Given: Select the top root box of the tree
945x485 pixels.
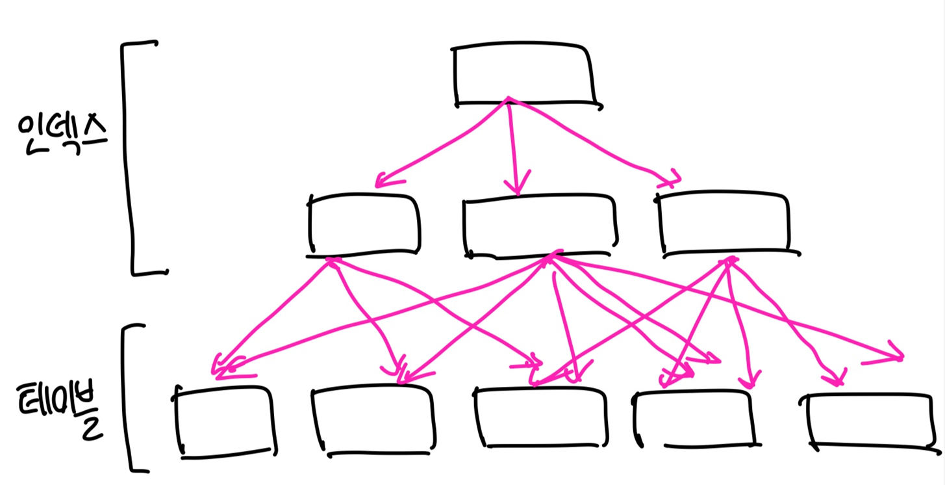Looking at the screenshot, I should coord(525,74).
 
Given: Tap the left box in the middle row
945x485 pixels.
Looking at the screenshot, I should coord(364,223).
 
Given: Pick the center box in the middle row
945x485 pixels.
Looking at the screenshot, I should coord(538,226).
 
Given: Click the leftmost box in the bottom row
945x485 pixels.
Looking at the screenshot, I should coord(225,421).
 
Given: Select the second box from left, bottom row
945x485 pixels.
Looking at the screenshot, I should coord(372,421).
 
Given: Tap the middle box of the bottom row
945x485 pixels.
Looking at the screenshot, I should coord(541,417).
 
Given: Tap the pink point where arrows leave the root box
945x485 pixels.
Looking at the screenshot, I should coord(508,99).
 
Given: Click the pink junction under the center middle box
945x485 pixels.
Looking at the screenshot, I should coord(551,256).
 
